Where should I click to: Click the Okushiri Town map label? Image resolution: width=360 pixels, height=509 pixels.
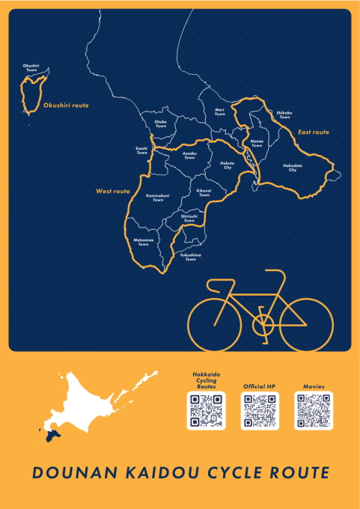coord(31,67)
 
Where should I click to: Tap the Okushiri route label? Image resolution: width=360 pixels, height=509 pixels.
coord(66,106)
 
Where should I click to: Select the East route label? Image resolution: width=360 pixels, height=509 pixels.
coord(314,132)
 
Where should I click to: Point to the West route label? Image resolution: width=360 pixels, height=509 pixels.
coord(112,192)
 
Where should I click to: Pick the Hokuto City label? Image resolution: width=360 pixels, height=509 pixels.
coord(226,164)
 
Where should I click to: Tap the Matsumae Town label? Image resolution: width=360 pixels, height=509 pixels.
coord(143,243)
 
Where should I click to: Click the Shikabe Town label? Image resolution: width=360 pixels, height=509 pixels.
coord(284,115)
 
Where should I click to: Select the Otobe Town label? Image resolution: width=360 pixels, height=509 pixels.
coord(161,124)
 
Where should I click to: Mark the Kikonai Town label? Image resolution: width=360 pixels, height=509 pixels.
coord(204,192)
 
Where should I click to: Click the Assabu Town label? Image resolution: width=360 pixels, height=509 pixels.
coord(189,156)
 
